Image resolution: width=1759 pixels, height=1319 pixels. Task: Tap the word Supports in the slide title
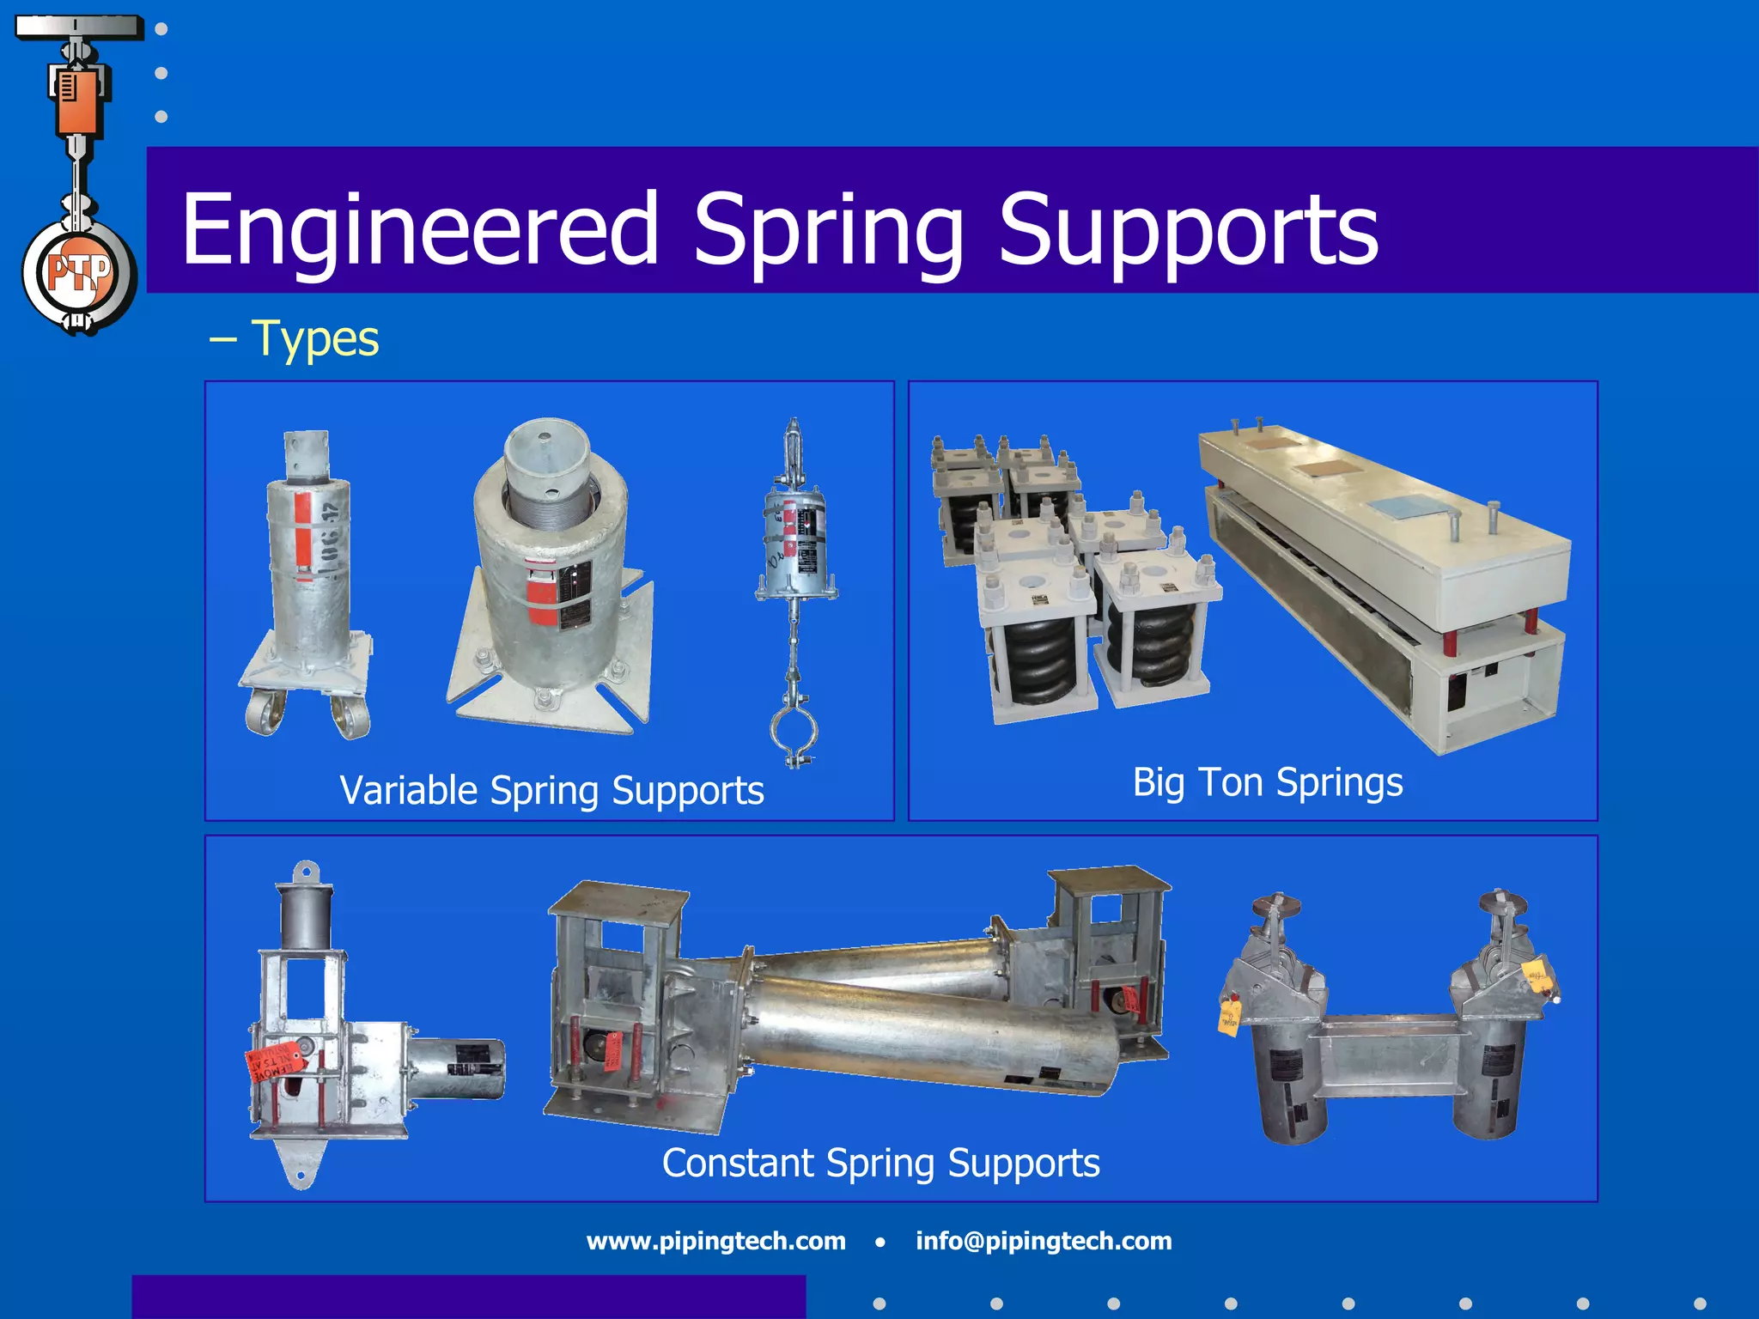(1188, 230)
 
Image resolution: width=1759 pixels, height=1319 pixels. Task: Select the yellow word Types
(315, 338)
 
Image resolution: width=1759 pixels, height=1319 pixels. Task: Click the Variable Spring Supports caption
(551, 790)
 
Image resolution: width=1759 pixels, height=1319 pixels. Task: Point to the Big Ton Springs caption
(1268, 782)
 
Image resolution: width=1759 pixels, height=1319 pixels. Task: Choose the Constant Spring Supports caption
(880, 1164)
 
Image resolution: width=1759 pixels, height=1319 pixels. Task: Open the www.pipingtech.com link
(715, 1241)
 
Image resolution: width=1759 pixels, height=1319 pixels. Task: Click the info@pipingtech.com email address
(1044, 1241)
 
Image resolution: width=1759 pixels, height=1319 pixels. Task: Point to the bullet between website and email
(880, 1242)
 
